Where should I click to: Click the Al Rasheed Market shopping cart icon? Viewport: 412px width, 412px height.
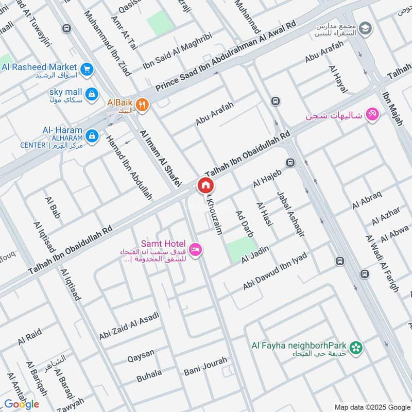point(87,67)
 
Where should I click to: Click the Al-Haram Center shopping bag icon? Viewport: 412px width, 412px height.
point(92,135)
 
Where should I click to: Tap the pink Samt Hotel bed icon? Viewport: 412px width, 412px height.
point(195,250)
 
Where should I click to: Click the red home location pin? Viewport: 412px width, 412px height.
point(205,185)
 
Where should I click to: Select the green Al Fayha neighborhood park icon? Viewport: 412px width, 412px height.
point(355,348)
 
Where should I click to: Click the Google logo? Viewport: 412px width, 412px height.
point(22,404)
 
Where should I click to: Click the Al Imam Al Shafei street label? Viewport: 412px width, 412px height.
point(160,158)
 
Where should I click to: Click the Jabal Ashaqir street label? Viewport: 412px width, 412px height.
point(290,214)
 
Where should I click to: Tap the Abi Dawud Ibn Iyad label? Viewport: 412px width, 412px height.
point(276,271)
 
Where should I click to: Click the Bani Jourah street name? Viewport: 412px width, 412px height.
point(205,366)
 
